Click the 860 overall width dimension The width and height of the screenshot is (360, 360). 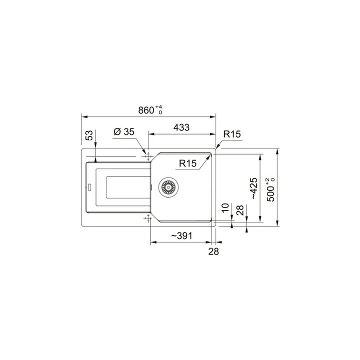145,111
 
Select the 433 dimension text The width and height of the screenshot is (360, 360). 181,127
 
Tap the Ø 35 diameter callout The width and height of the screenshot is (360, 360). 123,132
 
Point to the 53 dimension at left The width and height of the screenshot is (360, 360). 89,135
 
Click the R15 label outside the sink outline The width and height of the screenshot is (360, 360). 232,134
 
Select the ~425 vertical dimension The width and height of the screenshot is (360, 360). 253,188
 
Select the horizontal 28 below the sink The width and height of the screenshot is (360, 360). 213,251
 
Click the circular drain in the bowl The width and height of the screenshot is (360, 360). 168,187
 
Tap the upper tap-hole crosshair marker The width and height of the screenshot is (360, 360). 147,156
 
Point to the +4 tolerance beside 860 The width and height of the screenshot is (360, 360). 159,107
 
